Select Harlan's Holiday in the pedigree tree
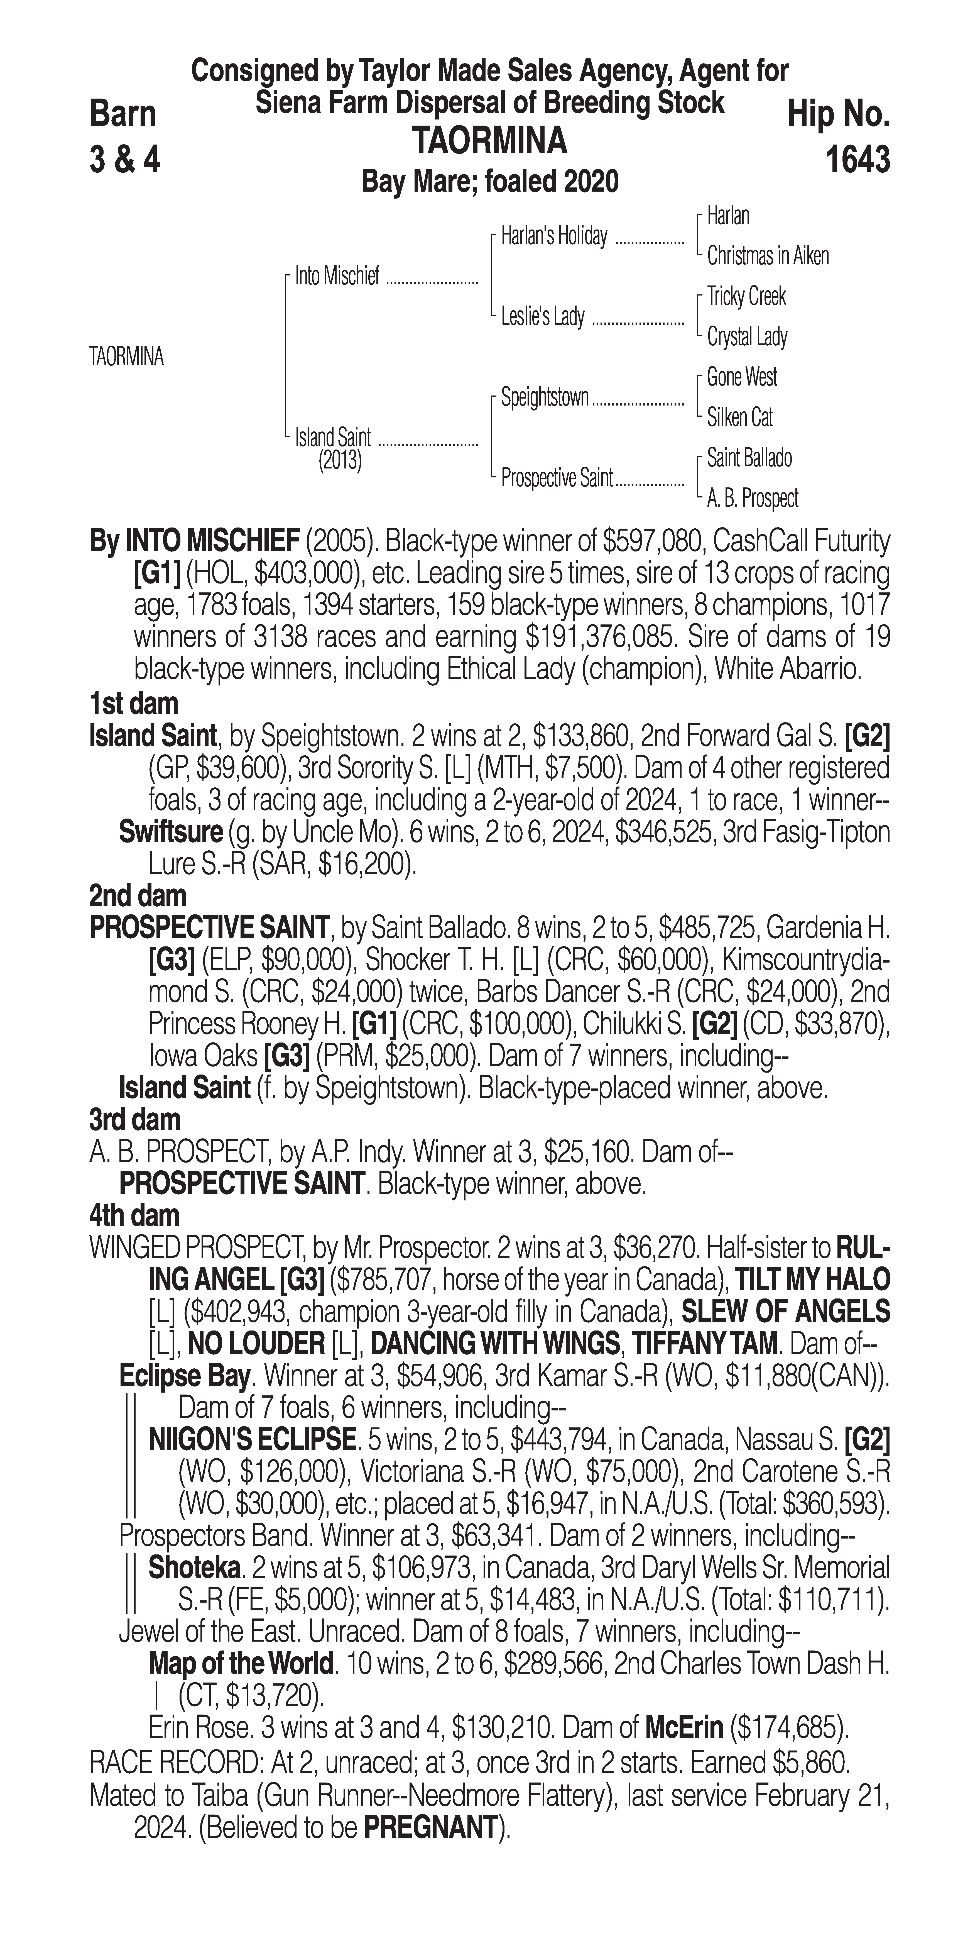(x=554, y=236)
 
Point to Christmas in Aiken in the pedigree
(x=767, y=256)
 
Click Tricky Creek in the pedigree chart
(x=746, y=296)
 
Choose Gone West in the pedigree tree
(x=741, y=377)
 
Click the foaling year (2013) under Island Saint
(x=340, y=461)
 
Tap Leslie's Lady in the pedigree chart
(x=542, y=316)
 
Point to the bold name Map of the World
(x=240, y=1664)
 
